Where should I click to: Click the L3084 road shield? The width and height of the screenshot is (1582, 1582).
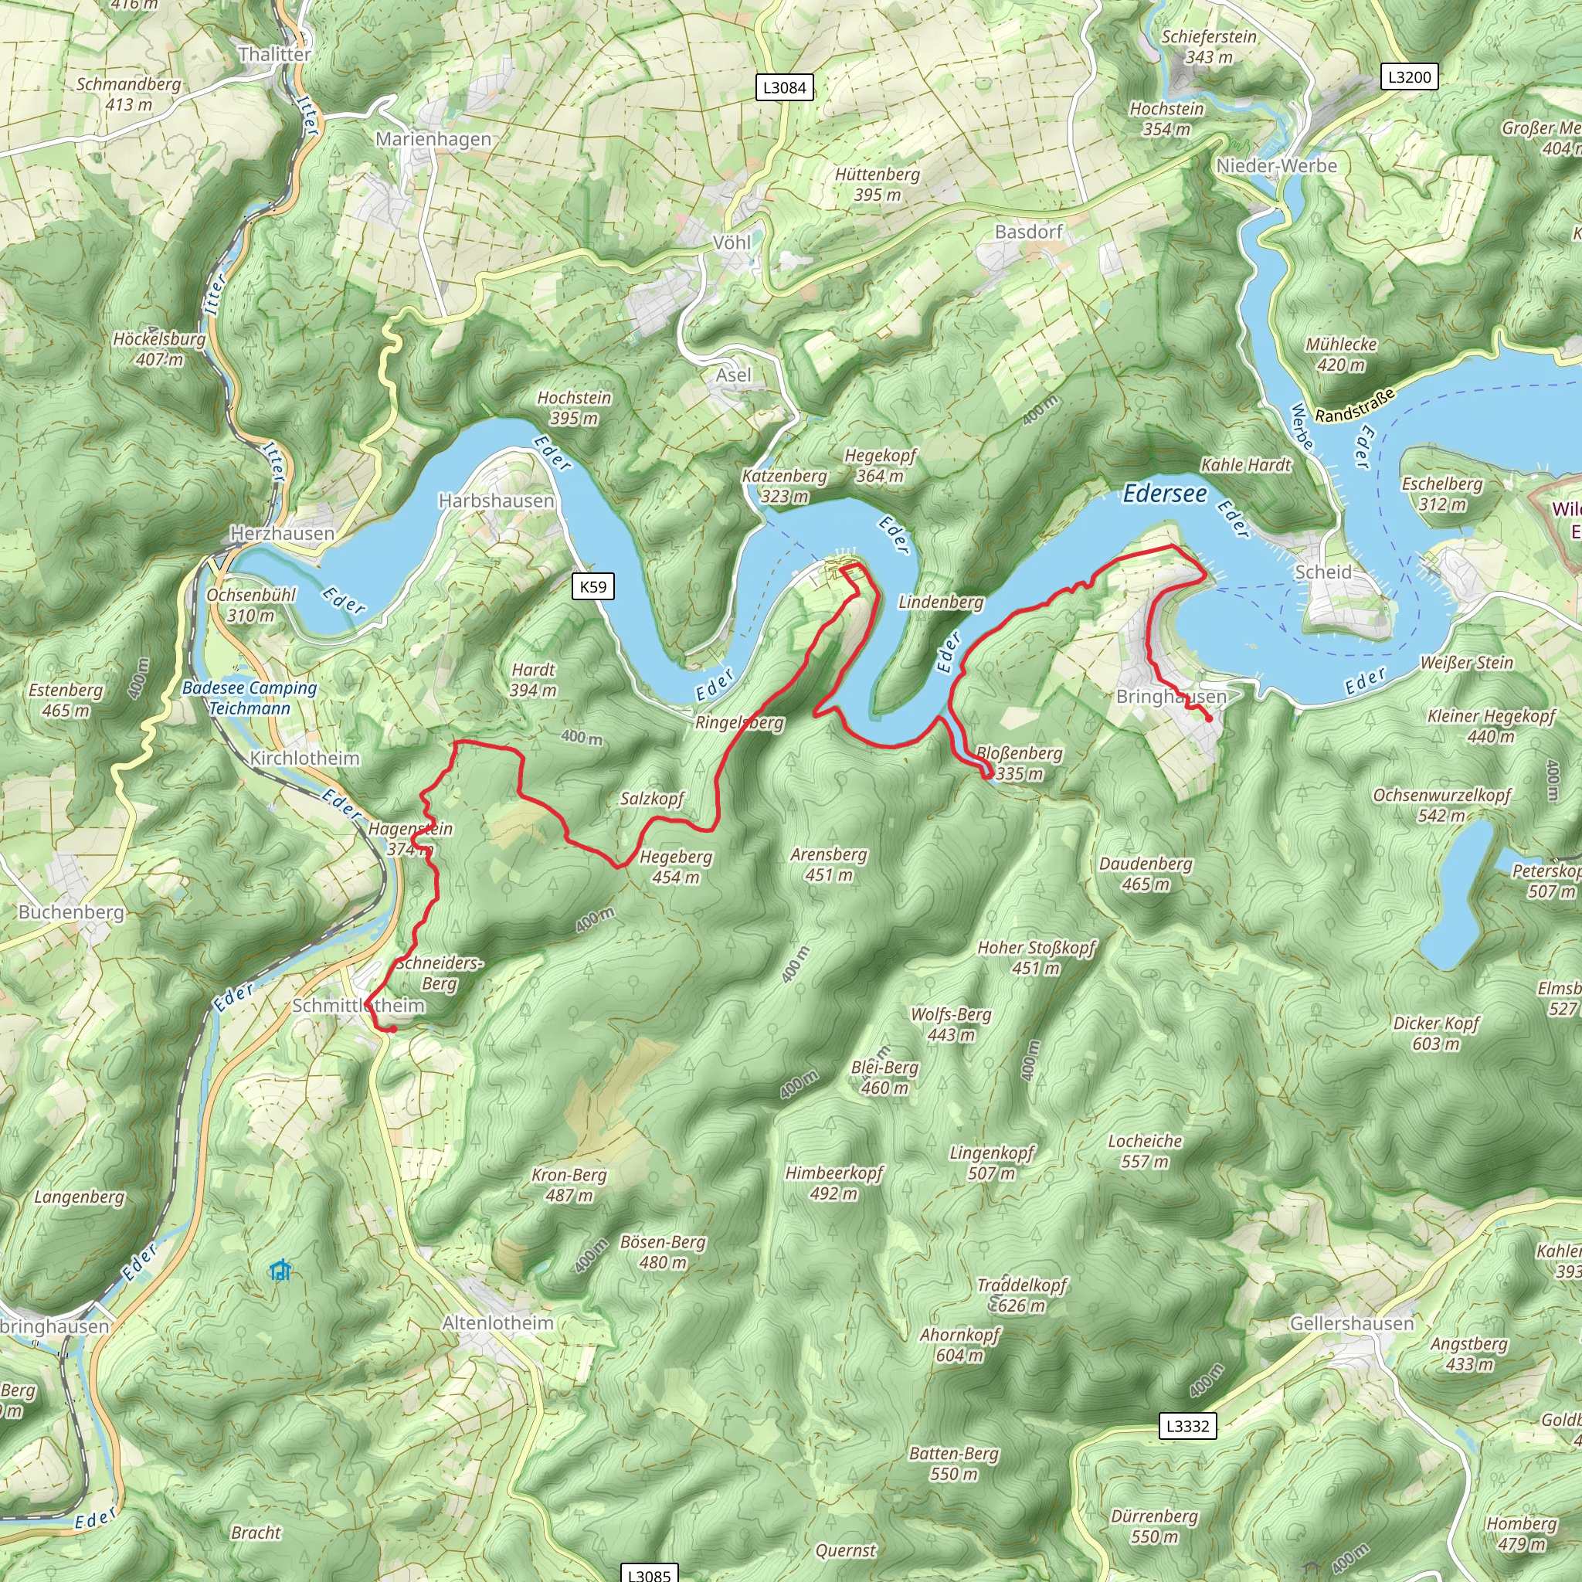coord(783,87)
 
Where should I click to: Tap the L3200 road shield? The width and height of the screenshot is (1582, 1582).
coord(1409,77)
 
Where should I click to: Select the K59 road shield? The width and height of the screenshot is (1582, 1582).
coord(592,586)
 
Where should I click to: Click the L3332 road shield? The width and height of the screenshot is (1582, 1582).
coord(1187,1426)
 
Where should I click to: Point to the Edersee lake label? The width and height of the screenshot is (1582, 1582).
coord(1164,494)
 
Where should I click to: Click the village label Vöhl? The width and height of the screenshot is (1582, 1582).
coord(732,243)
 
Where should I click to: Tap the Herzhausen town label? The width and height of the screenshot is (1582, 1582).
coord(283,533)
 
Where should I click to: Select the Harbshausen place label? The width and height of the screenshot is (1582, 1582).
coord(496,501)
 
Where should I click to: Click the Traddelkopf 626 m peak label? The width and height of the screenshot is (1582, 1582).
coord(1021,1295)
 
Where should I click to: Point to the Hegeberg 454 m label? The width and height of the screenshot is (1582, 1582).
coord(676,867)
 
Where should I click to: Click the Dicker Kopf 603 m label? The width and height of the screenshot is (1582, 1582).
coord(1436,1033)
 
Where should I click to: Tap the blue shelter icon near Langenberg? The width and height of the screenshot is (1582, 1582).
coord(280,1270)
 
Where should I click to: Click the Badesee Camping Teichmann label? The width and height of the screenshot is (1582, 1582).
coord(249,698)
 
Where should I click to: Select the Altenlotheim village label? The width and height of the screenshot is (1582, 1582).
coord(498,1322)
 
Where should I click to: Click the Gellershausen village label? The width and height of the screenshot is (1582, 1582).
coord(1352,1323)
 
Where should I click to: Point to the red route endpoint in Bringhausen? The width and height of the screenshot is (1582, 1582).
coord(1209,719)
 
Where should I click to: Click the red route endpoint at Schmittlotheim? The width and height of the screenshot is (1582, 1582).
coord(392,1029)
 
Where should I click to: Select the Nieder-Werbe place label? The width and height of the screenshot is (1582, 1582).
coord(1276,165)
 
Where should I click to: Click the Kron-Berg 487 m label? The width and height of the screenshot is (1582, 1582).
coord(569,1185)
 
